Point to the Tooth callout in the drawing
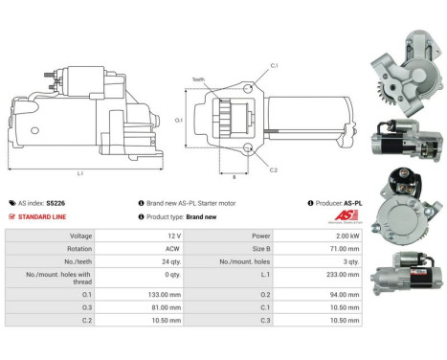coord(198,80)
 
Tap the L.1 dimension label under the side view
coord(79,172)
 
